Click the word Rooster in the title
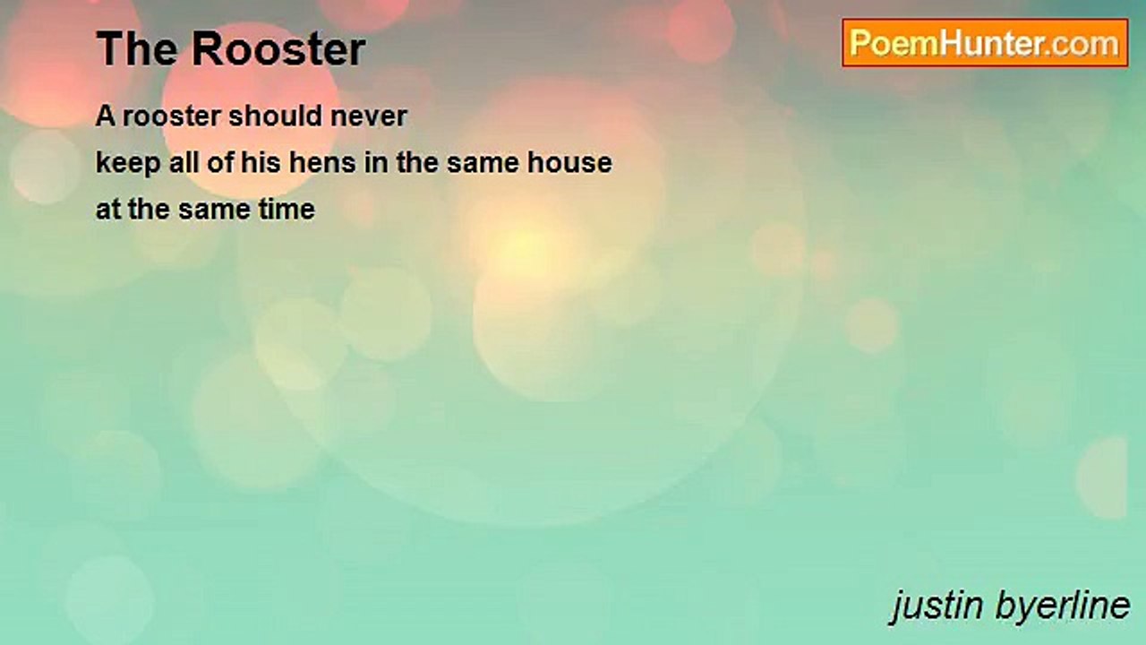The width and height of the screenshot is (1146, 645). (278, 48)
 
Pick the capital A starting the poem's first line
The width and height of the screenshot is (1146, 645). (106, 116)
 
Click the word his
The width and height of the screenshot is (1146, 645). (261, 162)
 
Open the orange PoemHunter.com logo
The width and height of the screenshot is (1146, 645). (985, 43)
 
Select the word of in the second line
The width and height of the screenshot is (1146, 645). (220, 162)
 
